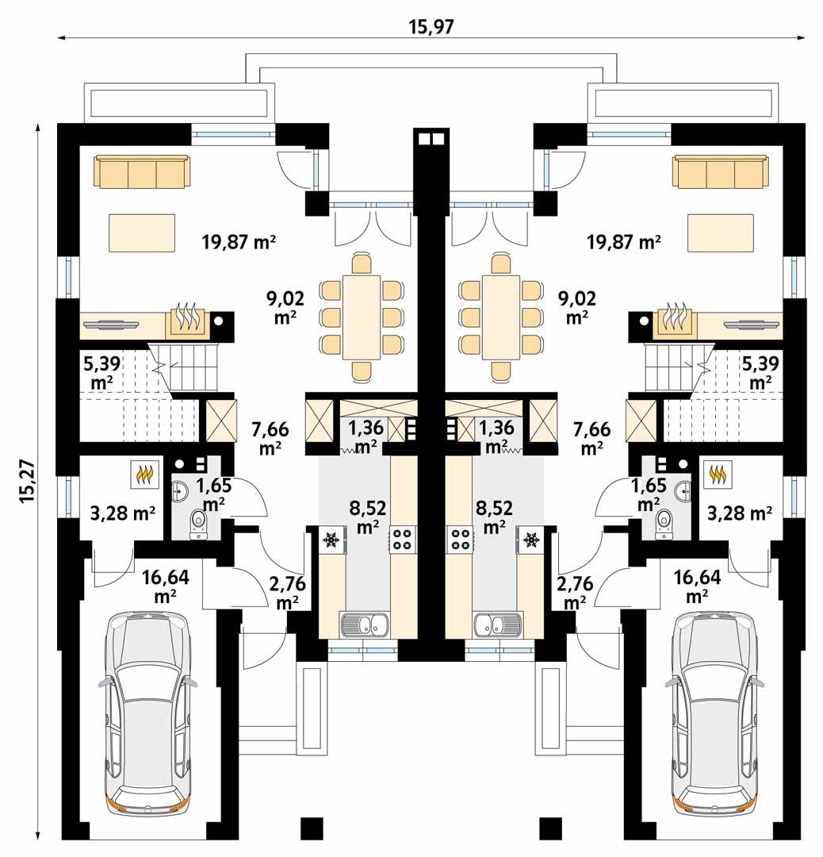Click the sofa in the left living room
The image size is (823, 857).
[x=142, y=171]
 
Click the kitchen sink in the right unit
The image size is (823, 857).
[x=497, y=625]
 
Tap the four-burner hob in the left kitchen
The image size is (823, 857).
[x=401, y=540]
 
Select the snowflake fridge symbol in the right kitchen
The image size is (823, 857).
[x=531, y=540]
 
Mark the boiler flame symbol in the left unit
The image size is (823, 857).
[x=144, y=475]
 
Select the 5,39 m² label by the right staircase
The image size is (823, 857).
[x=760, y=372]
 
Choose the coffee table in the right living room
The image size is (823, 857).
[x=720, y=232]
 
